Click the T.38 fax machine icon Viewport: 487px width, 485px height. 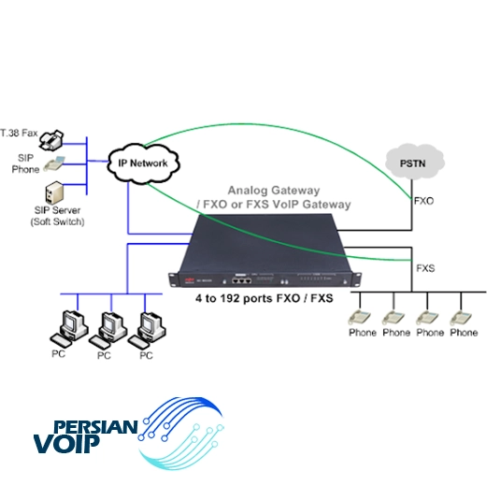coord(51,140)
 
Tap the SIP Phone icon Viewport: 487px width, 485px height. coord(54,164)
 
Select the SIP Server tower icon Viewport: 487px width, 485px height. coord(54,193)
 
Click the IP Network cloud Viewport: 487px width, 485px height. coord(143,164)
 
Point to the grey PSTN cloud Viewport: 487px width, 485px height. coord(414,162)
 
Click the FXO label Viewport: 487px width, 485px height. coord(423,201)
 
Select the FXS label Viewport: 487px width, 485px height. coord(425,268)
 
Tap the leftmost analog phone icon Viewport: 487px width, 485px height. coord(359,318)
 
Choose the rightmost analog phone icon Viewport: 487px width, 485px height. coord(461,318)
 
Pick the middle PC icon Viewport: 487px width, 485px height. coord(108,330)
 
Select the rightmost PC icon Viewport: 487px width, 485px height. coord(147,330)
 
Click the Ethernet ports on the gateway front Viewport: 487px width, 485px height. coord(241,280)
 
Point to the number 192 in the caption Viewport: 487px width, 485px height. coord(230,298)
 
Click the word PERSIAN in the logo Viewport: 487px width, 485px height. coord(95,427)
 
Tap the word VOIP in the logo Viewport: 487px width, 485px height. coord(66,444)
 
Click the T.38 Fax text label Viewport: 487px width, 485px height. coord(19,133)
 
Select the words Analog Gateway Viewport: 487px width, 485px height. coord(274,191)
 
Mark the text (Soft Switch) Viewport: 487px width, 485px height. coord(57,221)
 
